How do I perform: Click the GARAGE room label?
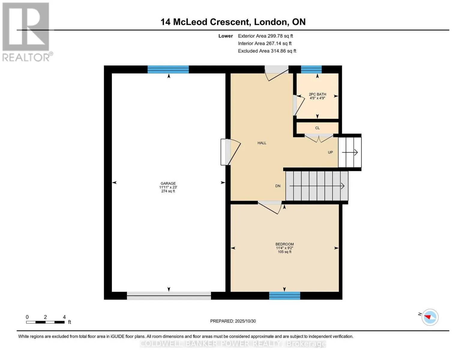click(168, 183)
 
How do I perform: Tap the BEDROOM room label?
click(284, 244)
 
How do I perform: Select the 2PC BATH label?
click(317, 94)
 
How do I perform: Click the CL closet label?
click(317, 128)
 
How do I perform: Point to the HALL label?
click(262, 143)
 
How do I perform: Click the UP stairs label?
click(330, 152)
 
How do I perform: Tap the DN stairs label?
click(278, 186)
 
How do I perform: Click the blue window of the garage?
click(168, 70)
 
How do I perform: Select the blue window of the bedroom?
click(284, 296)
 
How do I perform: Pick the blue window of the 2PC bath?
click(311, 70)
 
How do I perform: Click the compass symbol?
click(430, 317)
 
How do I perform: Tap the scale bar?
click(46, 322)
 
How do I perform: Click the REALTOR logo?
click(27, 32)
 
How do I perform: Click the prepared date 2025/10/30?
click(245, 321)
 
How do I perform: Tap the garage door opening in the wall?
click(169, 296)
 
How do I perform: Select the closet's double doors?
click(319, 138)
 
